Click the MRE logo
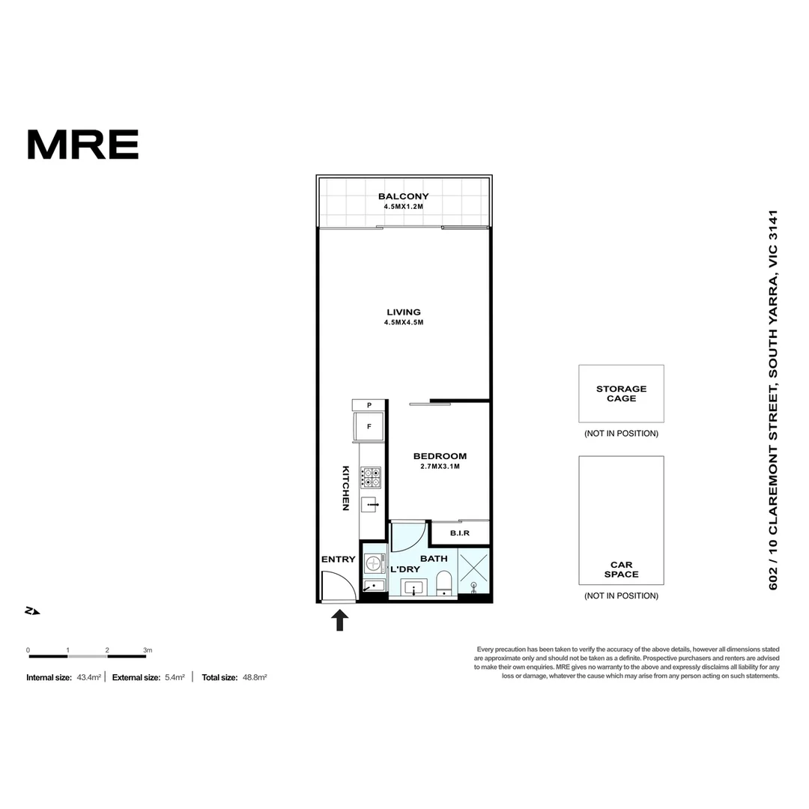tap(82, 145)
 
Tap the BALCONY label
tap(403, 197)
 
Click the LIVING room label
tap(404, 312)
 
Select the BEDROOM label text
tap(440, 456)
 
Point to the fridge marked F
tap(369, 427)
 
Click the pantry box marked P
tap(369, 405)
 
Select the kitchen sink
tap(371, 506)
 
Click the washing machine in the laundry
tap(373, 563)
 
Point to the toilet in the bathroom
tap(444, 583)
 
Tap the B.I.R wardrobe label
tap(459, 533)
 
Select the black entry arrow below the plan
tap(340, 619)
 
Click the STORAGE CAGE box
tap(621, 393)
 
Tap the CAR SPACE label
tap(621, 570)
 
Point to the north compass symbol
tap(32, 611)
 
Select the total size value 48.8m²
tap(254, 677)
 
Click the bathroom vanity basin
tap(414, 588)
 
